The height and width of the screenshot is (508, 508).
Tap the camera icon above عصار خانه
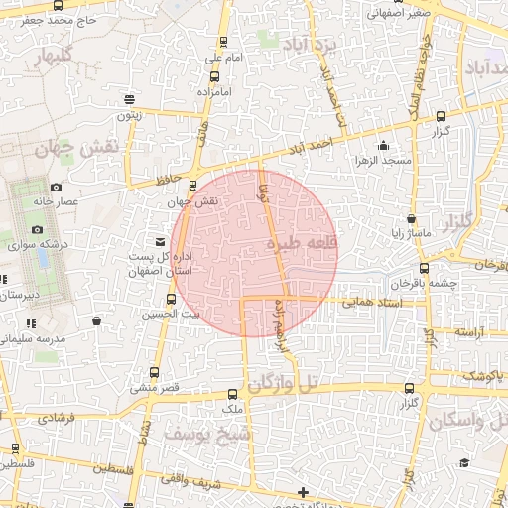tap(56, 187)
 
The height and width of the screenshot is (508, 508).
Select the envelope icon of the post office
tap(160, 241)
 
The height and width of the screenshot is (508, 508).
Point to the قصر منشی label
tap(158, 387)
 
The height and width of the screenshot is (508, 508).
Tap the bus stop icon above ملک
tap(232, 394)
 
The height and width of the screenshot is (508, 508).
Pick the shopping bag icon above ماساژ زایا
tap(408, 218)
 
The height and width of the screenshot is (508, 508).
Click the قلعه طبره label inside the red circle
tap(303, 243)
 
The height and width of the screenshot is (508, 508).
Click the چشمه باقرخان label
tap(452, 281)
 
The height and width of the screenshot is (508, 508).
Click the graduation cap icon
tap(464, 462)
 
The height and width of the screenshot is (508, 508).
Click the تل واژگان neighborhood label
tap(286, 383)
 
